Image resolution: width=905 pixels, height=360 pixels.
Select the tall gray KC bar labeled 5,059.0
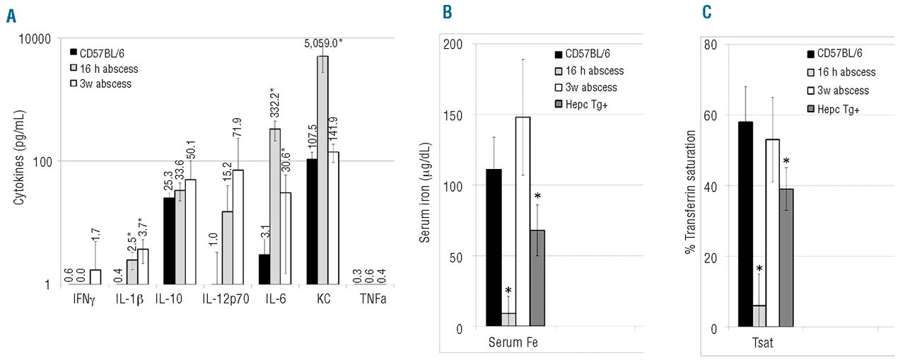point(322,170)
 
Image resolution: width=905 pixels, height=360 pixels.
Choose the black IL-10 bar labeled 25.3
point(170,240)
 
